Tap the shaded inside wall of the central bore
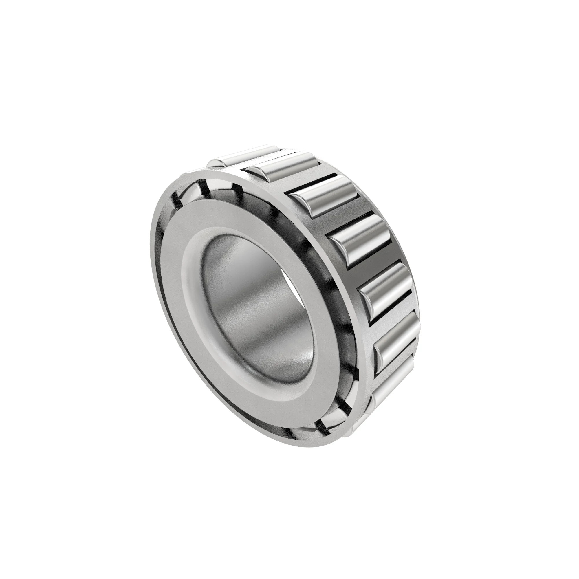click(255, 300)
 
